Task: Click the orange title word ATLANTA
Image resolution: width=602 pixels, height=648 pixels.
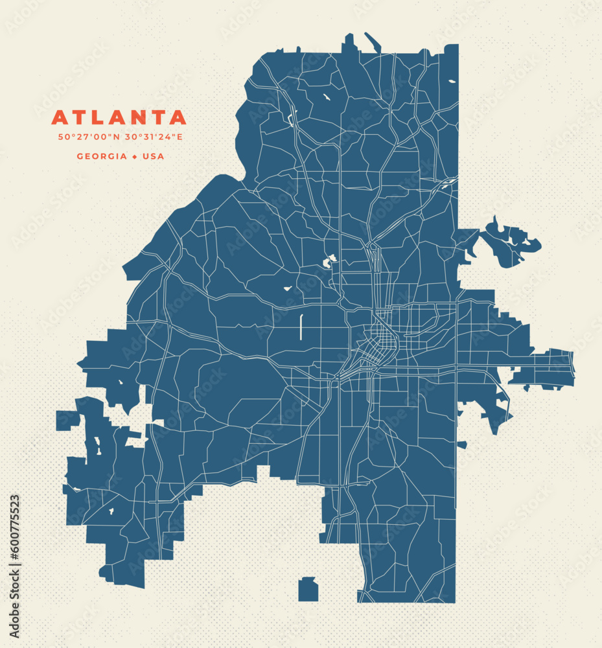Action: click(119, 118)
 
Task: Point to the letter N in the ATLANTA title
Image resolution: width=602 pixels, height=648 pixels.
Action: click(137, 118)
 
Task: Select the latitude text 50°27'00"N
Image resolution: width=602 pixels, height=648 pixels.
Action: click(89, 137)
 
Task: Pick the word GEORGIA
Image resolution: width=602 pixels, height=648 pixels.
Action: click(102, 156)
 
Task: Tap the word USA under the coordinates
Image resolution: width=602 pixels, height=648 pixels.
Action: click(154, 156)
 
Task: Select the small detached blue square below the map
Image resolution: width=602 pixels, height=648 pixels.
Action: click(308, 590)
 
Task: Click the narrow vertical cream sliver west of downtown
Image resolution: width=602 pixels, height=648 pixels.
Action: click(301, 327)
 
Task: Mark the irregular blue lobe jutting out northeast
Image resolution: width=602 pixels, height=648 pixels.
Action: click(509, 243)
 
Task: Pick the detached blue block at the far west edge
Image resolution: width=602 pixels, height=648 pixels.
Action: click(67, 420)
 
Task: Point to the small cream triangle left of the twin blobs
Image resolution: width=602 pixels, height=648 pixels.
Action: click(286, 288)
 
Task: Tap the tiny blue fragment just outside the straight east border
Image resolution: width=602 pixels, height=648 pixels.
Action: click(462, 445)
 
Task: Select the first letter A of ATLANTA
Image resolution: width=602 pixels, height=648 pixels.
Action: click(60, 118)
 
